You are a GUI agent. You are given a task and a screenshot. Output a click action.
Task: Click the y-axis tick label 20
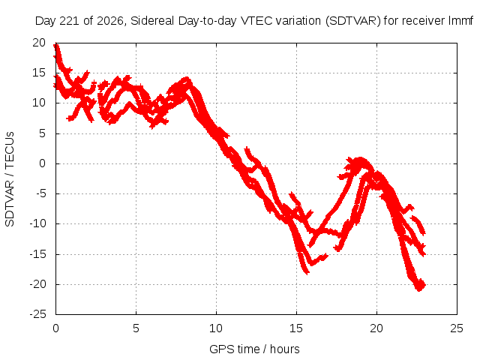(x=39, y=43)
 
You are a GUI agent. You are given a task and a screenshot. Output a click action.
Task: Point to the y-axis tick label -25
(x=38, y=314)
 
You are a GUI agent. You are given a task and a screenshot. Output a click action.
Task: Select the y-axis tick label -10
(x=38, y=223)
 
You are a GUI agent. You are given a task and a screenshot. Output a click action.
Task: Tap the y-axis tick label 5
(x=42, y=133)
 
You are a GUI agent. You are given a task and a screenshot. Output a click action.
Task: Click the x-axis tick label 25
(x=457, y=328)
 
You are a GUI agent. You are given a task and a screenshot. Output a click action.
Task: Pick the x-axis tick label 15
(x=296, y=328)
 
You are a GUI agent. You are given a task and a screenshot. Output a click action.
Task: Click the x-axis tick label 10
(x=216, y=328)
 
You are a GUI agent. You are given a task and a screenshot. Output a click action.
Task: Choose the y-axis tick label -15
(x=38, y=254)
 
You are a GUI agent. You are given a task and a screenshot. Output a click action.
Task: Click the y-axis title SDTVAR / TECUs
(x=10, y=179)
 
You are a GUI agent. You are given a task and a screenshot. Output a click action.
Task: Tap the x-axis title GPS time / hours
(x=254, y=349)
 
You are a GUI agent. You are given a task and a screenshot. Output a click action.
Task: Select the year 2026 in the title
(x=110, y=21)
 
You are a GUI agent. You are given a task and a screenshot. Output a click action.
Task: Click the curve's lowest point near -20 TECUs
(x=419, y=289)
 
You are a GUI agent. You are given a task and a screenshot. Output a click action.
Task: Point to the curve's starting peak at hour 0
(x=56, y=45)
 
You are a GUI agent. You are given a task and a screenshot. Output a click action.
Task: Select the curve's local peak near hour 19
(x=360, y=160)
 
